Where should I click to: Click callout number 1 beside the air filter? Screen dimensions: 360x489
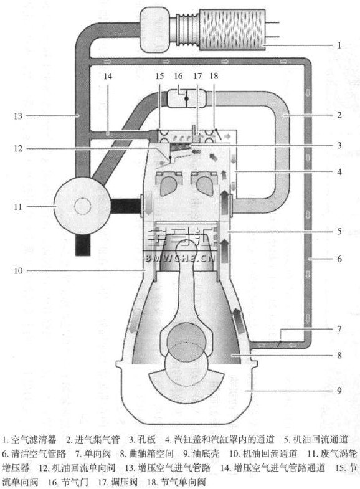[339, 45]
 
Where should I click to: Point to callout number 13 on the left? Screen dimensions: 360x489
[18, 116]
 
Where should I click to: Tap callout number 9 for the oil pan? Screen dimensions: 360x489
[339, 391]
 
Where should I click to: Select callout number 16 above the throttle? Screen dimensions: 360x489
[178, 76]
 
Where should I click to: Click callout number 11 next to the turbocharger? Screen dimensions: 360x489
[18, 206]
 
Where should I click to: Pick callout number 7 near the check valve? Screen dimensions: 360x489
[339, 329]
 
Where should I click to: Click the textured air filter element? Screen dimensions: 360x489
[232, 29]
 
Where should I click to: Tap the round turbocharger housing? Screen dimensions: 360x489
[83, 206]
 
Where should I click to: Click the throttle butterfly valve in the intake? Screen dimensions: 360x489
[186, 98]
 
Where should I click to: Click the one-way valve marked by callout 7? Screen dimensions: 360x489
[279, 344]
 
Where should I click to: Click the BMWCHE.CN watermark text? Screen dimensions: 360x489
[181, 259]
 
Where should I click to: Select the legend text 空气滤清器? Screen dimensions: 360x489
[34, 440]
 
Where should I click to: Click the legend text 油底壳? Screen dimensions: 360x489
[206, 453]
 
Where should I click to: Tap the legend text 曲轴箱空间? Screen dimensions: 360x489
[151, 453]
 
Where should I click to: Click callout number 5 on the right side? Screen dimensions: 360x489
[339, 231]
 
